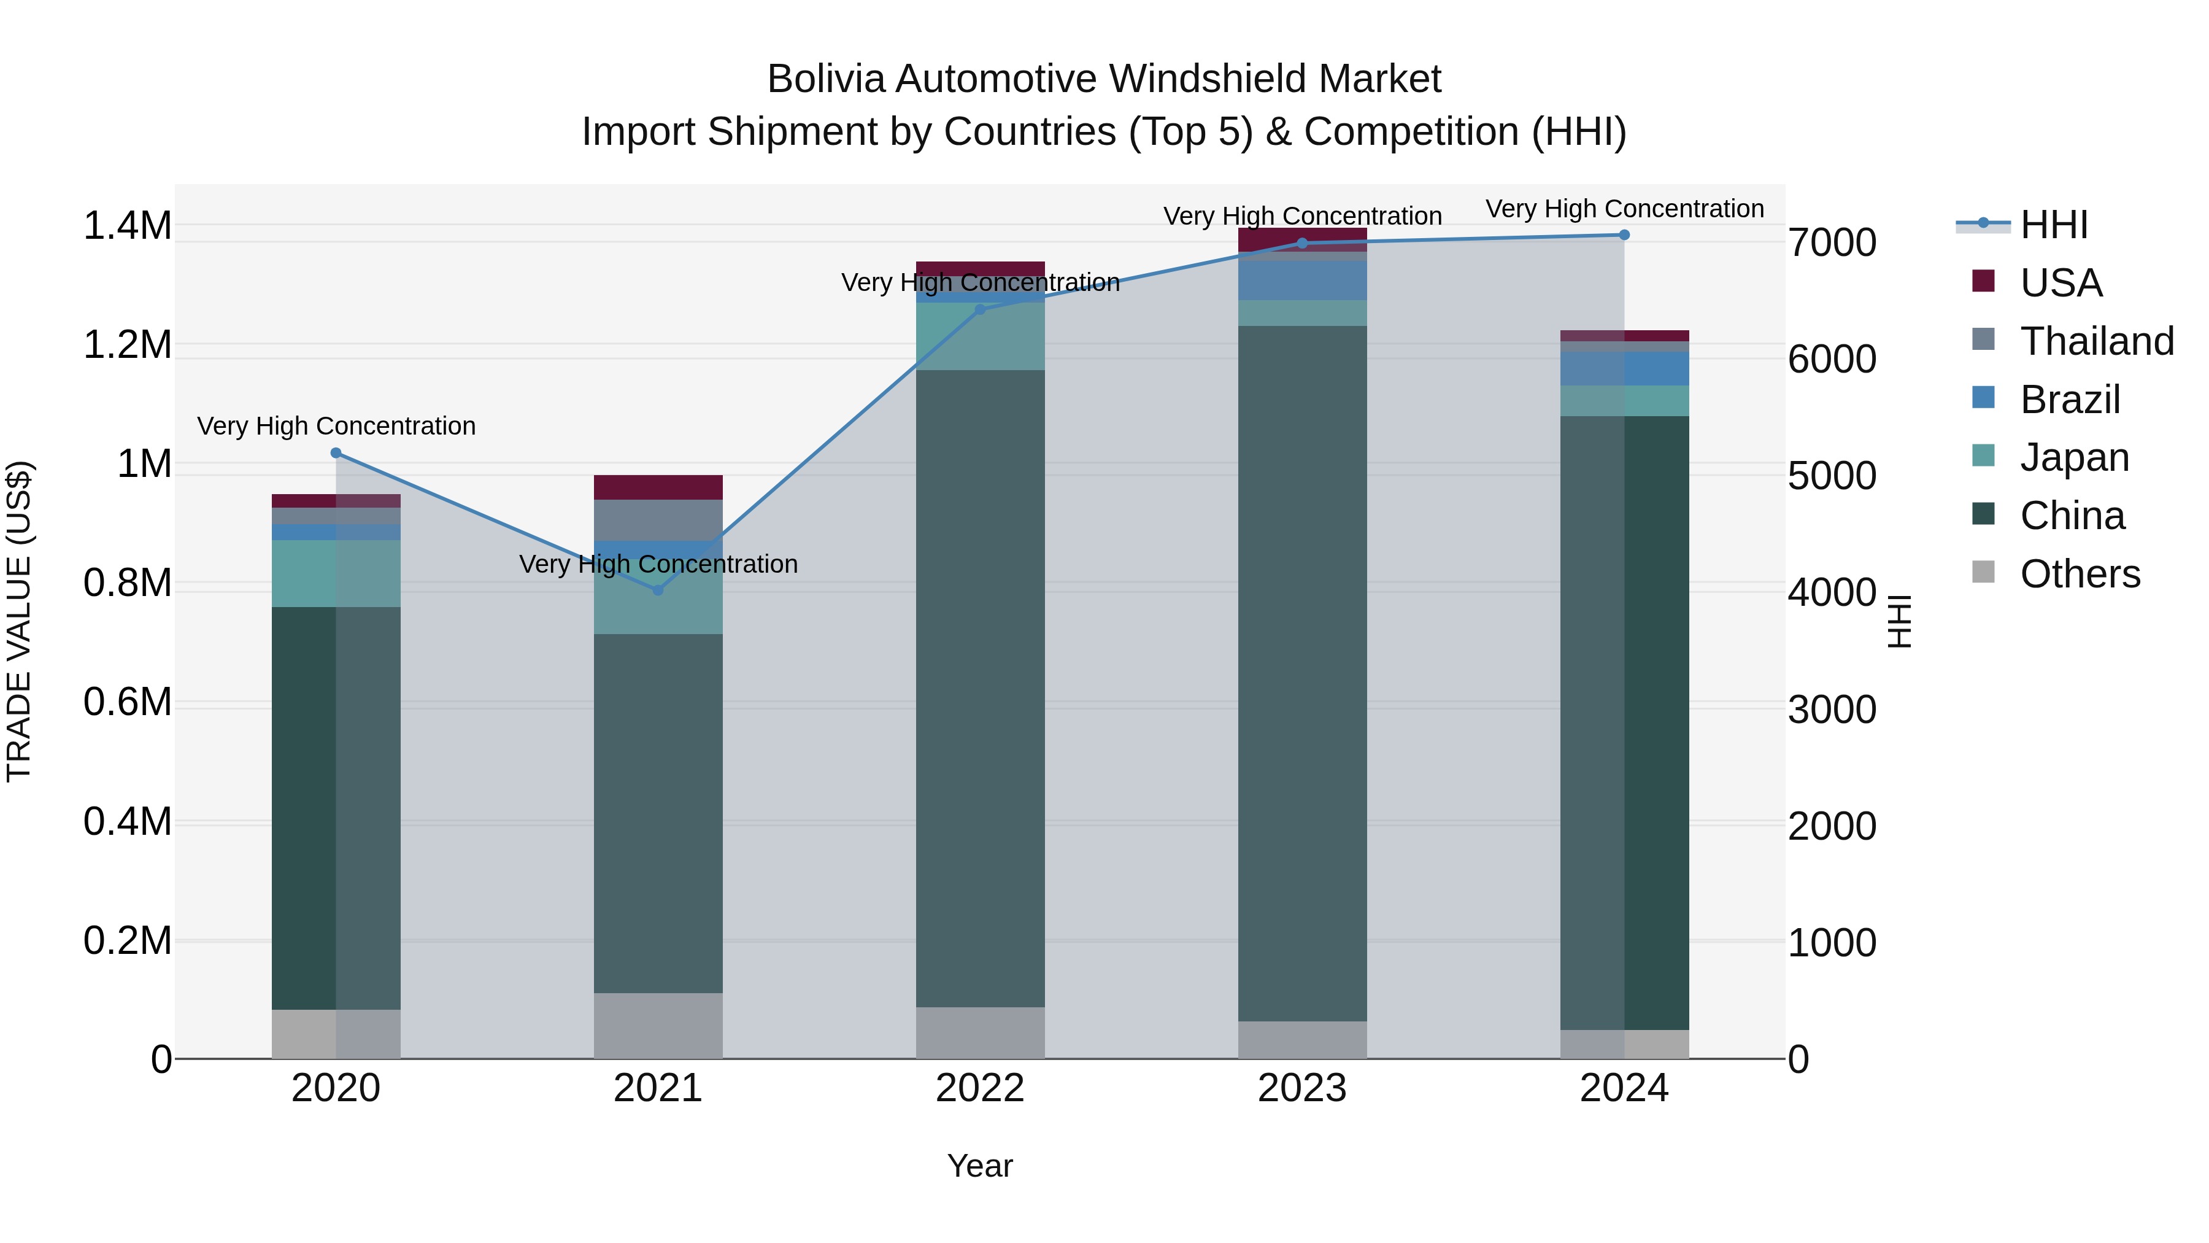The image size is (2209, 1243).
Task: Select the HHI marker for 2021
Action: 658,590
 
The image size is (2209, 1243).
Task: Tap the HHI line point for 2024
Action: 1624,235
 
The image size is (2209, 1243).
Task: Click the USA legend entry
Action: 2061,283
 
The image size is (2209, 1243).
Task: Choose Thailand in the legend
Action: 2097,341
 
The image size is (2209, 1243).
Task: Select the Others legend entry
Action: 2080,574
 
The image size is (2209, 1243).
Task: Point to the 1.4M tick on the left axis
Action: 127,227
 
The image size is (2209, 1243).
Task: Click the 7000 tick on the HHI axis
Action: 1832,242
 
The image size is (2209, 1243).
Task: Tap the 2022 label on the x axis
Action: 980,1088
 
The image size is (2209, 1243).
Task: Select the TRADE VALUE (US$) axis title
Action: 20,621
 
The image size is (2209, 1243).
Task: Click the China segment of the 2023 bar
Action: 1303,673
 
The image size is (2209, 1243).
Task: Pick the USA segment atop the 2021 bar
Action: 658,487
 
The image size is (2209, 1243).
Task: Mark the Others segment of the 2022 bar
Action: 980,1033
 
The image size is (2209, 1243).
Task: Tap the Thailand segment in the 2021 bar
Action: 658,520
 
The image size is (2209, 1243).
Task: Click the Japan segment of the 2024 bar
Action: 1624,401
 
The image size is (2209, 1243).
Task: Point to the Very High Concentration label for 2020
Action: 336,427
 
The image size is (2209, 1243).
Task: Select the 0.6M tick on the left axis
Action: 127,703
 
